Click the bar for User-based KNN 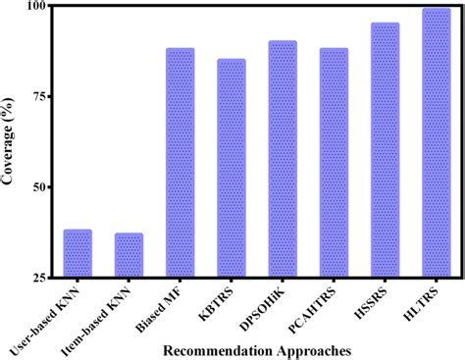click(x=77, y=254)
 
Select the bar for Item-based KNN click(x=129, y=255)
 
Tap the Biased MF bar click(x=180, y=163)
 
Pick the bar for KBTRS click(x=231, y=169)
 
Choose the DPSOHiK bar click(x=282, y=159)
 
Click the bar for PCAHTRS click(x=334, y=163)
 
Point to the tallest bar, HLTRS click(x=436, y=143)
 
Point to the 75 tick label click(x=39, y=96)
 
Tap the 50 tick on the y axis click(x=39, y=186)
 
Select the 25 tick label click(x=39, y=278)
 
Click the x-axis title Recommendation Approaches click(x=258, y=349)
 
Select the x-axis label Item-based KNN click(x=112, y=308)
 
